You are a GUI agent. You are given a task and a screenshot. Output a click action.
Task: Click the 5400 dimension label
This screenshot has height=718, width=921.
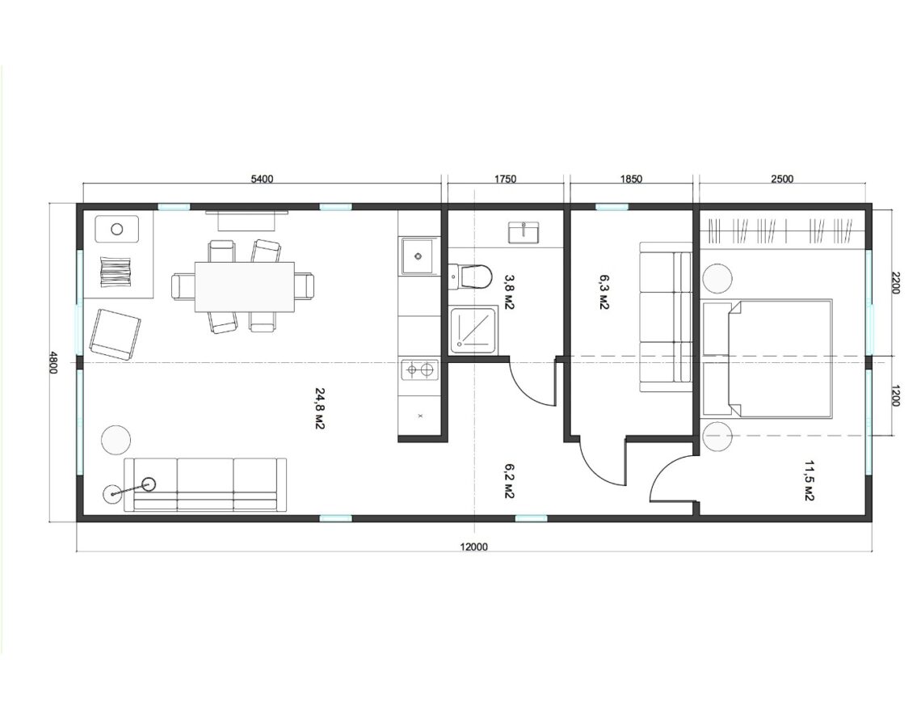(262, 179)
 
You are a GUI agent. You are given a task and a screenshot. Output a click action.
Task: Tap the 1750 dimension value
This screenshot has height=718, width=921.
(505, 179)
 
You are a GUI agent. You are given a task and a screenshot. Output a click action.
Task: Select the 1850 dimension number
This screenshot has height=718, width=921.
(631, 179)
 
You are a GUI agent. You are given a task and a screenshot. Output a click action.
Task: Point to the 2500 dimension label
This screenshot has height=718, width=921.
(782, 179)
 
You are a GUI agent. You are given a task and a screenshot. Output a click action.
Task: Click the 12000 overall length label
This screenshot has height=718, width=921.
(474, 547)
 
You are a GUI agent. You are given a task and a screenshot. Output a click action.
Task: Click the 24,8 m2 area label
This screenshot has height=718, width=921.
(320, 408)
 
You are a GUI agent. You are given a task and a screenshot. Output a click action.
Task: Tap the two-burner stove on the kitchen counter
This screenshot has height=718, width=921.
(420, 370)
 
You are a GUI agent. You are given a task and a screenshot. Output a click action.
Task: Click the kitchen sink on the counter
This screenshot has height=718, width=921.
(418, 256)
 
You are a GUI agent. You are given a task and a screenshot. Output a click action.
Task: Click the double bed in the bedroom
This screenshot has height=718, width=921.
(767, 358)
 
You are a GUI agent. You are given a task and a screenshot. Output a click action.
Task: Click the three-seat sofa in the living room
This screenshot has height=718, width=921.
(205, 484)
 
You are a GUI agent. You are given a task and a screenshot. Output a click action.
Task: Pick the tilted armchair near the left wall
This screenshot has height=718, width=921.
(115, 334)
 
